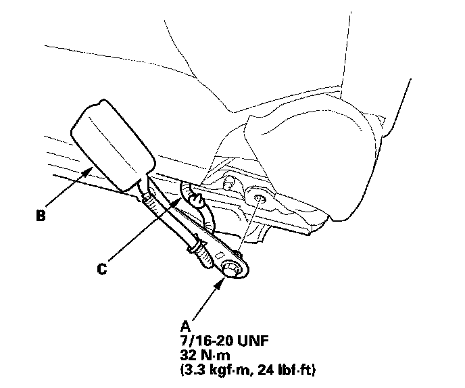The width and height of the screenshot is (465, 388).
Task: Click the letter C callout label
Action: (x=101, y=268)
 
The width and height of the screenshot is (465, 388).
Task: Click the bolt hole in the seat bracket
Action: (x=260, y=197)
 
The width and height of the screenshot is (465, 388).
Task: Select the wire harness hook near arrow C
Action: (x=197, y=198)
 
